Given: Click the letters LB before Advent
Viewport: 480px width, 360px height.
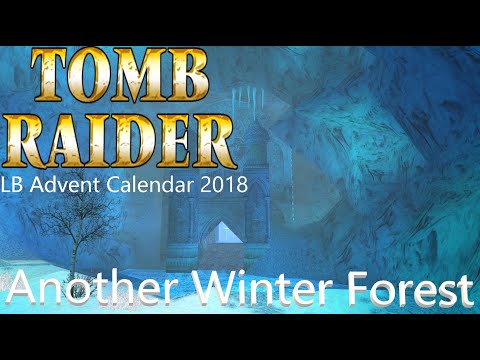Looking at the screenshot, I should [x=16, y=185].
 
